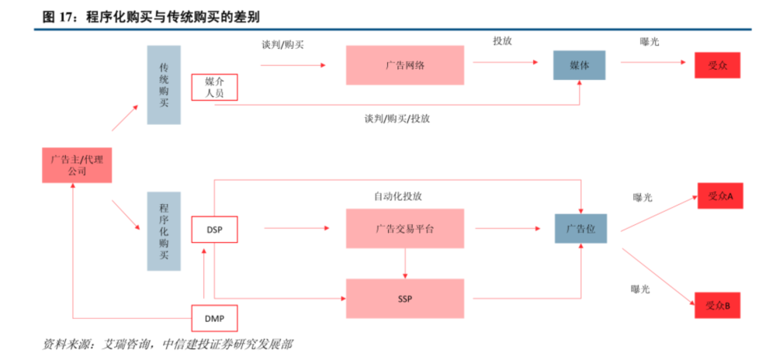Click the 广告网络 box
(x=405, y=65)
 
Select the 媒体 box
(x=579, y=65)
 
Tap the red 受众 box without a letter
(x=717, y=65)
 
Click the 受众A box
(x=720, y=196)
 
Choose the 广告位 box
(x=580, y=228)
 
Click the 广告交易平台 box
(x=405, y=228)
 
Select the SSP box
(x=405, y=299)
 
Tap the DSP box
(x=214, y=230)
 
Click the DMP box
(x=214, y=318)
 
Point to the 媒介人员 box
(x=214, y=87)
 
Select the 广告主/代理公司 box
(x=77, y=165)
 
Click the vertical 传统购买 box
(x=164, y=85)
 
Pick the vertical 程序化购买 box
(x=164, y=231)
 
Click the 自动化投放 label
(x=398, y=196)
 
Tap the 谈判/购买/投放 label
(x=397, y=119)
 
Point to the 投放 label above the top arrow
(x=502, y=41)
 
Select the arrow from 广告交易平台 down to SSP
(x=405, y=263)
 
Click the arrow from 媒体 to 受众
(x=653, y=62)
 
